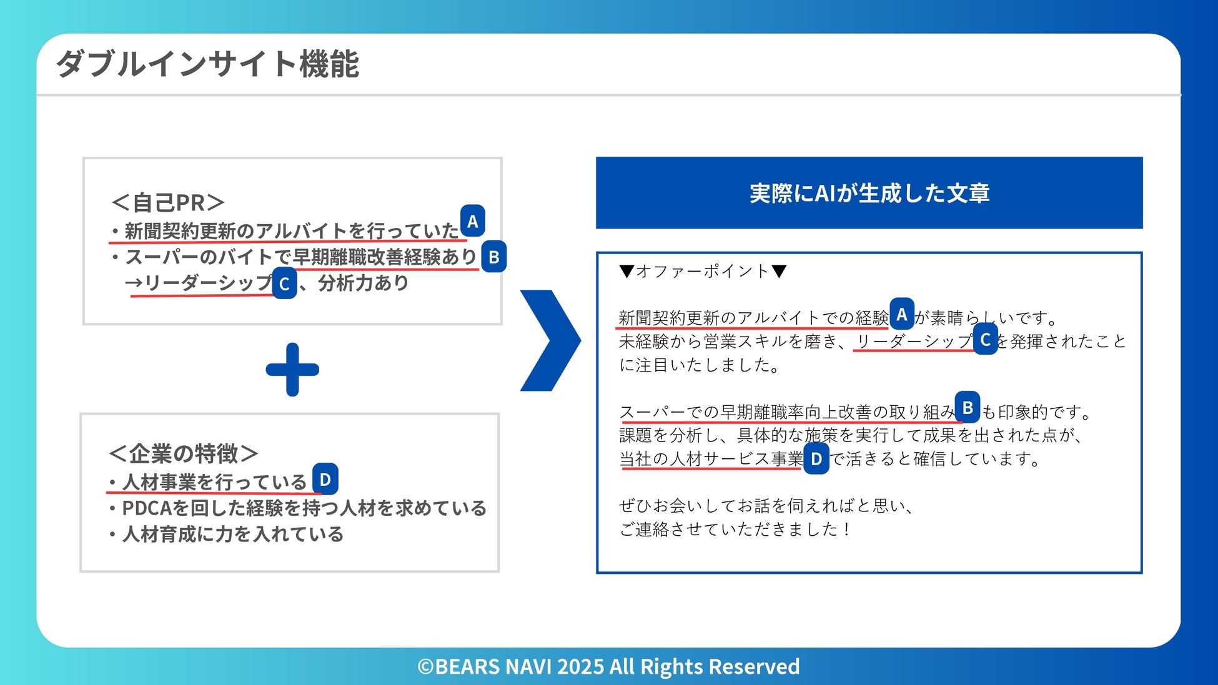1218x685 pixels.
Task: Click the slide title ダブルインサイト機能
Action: (207, 64)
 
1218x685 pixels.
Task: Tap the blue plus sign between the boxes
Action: (292, 370)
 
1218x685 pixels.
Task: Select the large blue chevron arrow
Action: (550, 340)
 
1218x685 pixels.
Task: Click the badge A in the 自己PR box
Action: (473, 221)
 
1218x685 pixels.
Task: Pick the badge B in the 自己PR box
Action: (493, 257)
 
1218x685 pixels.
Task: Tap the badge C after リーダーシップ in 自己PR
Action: (284, 284)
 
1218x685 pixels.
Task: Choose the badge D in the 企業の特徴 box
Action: (325, 480)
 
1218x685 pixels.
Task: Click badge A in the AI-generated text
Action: (901, 315)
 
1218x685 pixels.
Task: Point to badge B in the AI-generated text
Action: (968, 408)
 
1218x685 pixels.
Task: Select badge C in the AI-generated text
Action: (985, 340)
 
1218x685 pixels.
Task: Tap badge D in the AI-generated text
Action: (816, 459)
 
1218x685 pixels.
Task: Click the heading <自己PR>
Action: (167, 202)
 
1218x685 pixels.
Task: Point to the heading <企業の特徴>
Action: (184, 453)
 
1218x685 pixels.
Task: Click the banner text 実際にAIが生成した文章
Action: (869, 193)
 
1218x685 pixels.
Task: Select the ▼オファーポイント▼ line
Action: (703, 271)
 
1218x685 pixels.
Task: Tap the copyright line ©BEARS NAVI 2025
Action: (608, 666)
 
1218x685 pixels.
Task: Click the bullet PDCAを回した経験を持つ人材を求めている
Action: (304, 508)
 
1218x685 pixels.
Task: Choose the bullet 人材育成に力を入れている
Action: (232, 535)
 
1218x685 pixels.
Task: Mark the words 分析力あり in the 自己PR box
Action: (363, 283)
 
